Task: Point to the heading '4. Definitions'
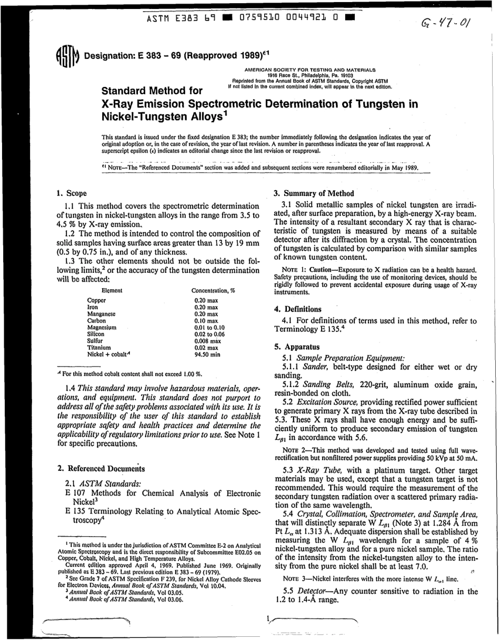(x=297, y=309)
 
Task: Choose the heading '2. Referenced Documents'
(x=101, y=468)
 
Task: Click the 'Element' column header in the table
(x=112, y=290)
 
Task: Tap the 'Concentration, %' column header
(x=213, y=290)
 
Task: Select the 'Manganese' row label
(x=101, y=313)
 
